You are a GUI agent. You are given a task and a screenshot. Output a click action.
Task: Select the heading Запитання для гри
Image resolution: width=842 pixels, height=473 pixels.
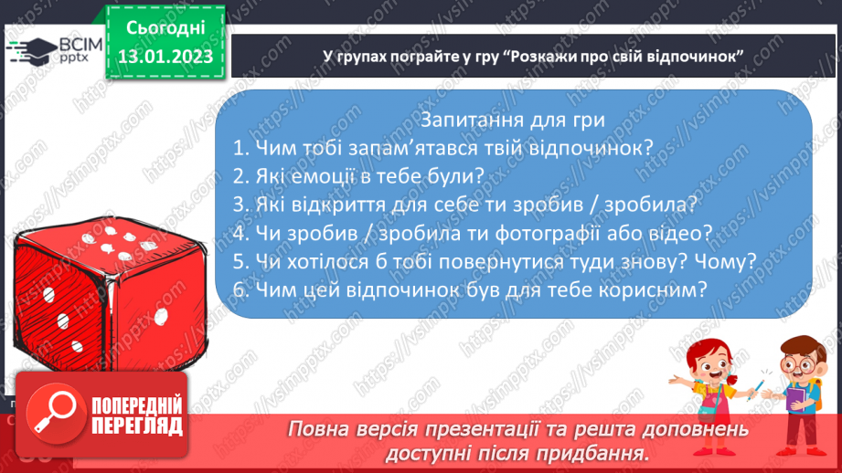point(519,121)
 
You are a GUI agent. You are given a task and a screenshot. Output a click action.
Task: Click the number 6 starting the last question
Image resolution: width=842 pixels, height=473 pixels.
point(239,289)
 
